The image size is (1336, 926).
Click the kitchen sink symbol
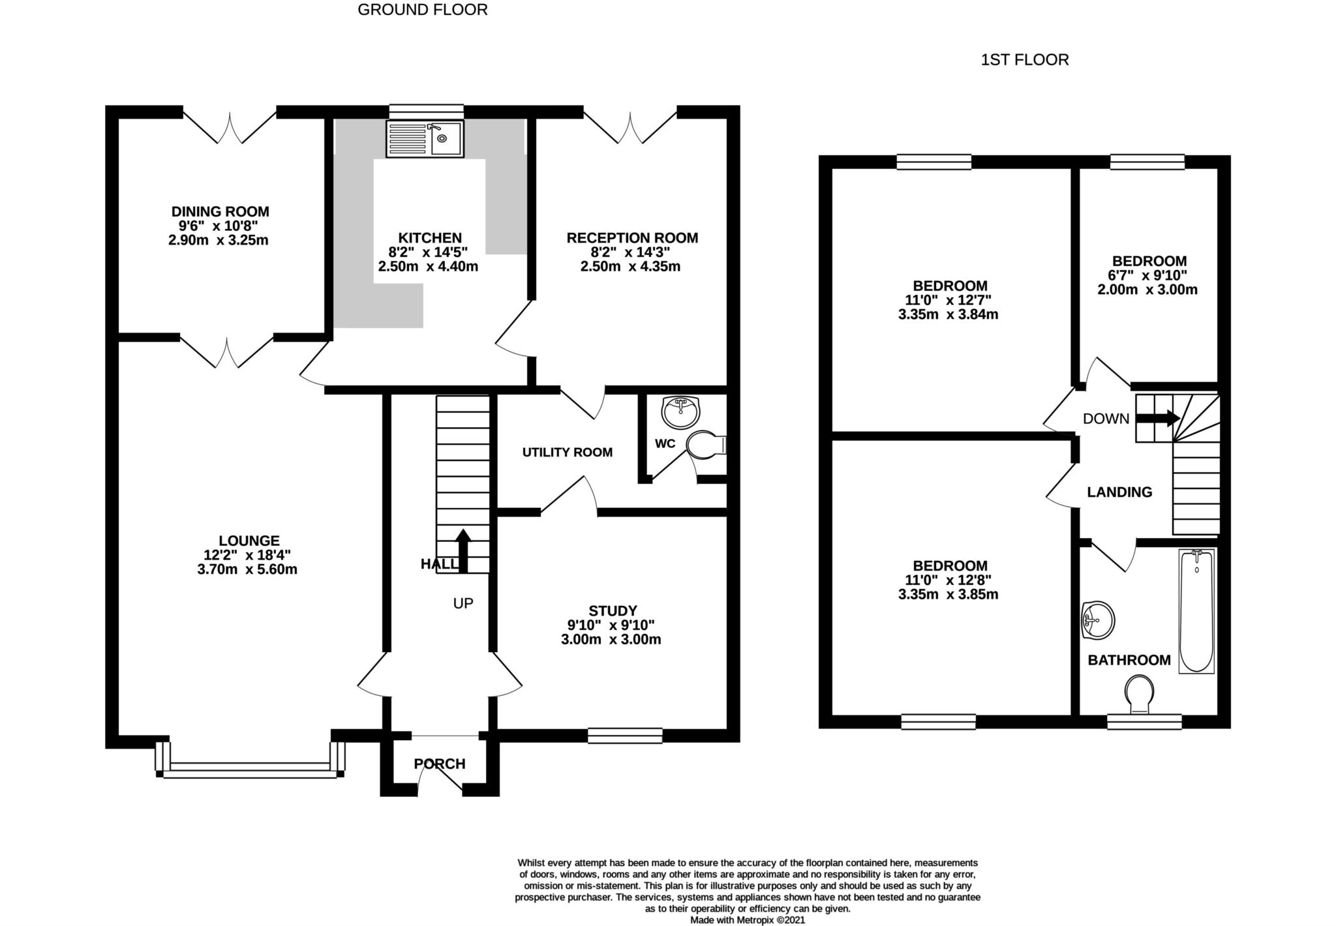(425, 139)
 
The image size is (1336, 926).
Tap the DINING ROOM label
(220, 212)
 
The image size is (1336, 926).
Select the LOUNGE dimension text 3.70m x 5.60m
(247, 569)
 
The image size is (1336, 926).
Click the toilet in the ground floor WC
(706, 445)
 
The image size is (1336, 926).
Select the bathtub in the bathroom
(1196, 611)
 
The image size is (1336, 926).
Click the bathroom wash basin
(1098, 620)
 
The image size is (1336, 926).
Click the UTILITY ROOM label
(567, 453)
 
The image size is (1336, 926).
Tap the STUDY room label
(613, 611)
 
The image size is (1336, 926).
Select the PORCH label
(440, 764)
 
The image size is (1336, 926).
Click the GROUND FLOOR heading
(422, 10)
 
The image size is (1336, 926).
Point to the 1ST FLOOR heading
(1024, 60)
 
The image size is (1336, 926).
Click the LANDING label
(1119, 492)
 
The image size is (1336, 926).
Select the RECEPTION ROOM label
(631, 238)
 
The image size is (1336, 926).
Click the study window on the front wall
(625, 736)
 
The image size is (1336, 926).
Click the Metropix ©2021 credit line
(748, 920)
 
